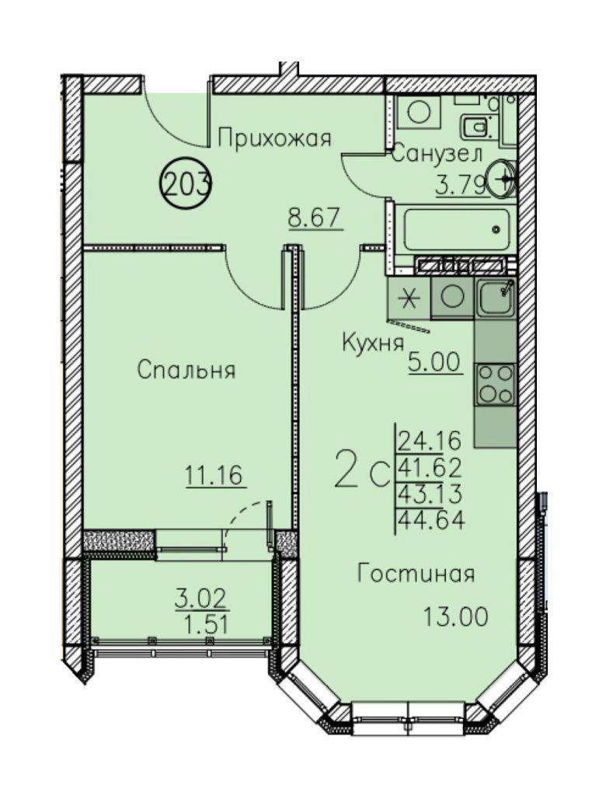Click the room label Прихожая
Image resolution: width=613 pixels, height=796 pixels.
pyautogui.click(x=274, y=138)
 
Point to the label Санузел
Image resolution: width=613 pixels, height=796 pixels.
pyautogui.click(x=437, y=153)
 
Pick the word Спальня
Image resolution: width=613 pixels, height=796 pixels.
pyautogui.click(x=186, y=370)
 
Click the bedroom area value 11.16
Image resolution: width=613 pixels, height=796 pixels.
pyautogui.click(x=216, y=477)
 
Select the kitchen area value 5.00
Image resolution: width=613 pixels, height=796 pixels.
pyautogui.click(x=436, y=362)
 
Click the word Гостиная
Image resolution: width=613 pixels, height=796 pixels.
pyautogui.click(x=416, y=574)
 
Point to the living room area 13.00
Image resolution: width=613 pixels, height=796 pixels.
pyautogui.click(x=455, y=617)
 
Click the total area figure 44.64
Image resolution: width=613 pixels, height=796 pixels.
pyautogui.click(x=431, y=520)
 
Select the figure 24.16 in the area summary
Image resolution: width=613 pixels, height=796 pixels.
pyautogui.click(x=430, y=440)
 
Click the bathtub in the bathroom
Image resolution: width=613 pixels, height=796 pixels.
pyautogui.click(x=457, y=229)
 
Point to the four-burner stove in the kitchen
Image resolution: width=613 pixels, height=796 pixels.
pyautogui.click(x=495, y=384)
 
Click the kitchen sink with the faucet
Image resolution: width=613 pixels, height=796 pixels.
pyautogui.click(x=496, y=298)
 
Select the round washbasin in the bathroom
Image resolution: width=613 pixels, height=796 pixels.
pyautogui.click(x=501, y=178)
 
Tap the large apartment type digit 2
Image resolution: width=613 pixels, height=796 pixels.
pyautogui.click(x=347, y=469)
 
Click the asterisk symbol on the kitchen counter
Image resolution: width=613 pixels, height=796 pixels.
pyautogui.click(x=409, y=298)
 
